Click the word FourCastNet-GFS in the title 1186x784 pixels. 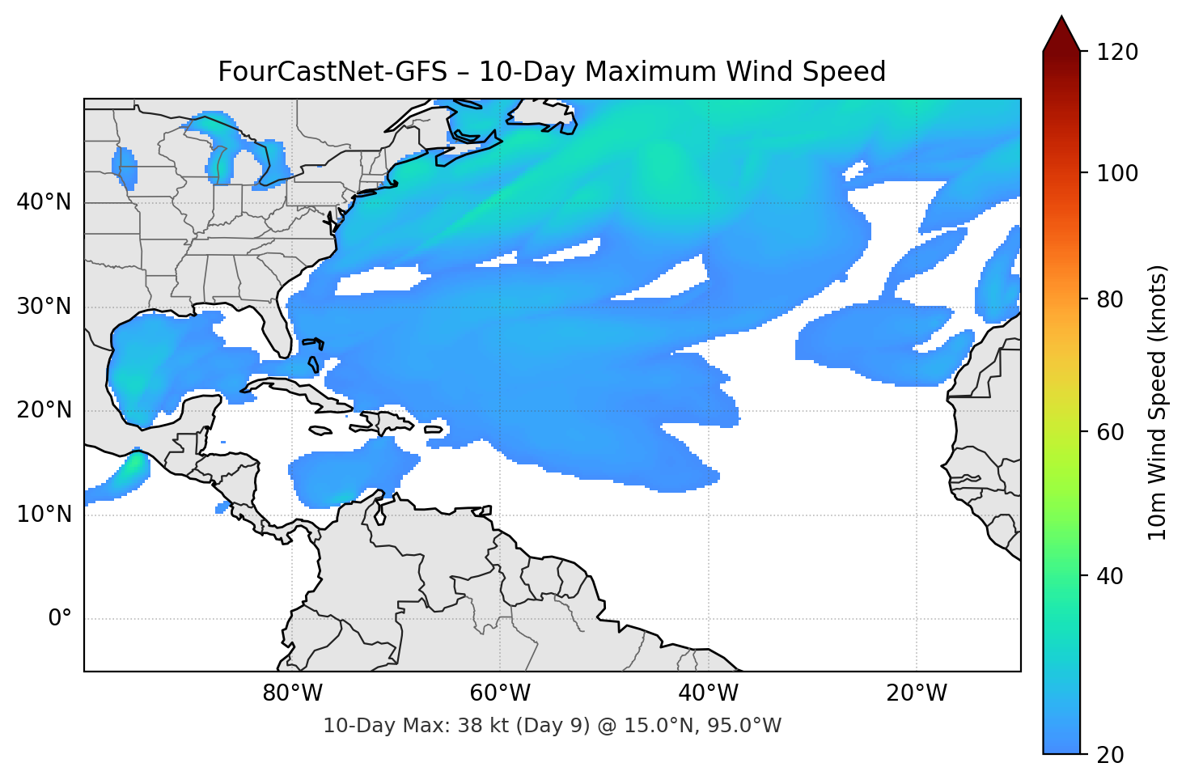[333, 72]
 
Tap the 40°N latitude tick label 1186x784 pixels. [44, 202]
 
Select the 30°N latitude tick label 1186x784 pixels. [44, 307]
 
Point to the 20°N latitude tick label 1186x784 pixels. [44, 410]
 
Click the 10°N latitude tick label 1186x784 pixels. [44, 515]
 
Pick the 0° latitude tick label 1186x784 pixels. [60, 619]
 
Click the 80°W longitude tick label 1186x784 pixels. [292, 693]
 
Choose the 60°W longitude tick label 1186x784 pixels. [500, 693]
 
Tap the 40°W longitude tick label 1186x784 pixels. [708, 693]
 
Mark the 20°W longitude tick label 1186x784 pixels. [916, 693]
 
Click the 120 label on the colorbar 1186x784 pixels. [1117, 53]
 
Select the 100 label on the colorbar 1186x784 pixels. [1117, 173]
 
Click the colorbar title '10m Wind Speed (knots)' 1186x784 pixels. [1158, 402]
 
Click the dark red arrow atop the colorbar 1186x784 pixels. [1061, 35]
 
